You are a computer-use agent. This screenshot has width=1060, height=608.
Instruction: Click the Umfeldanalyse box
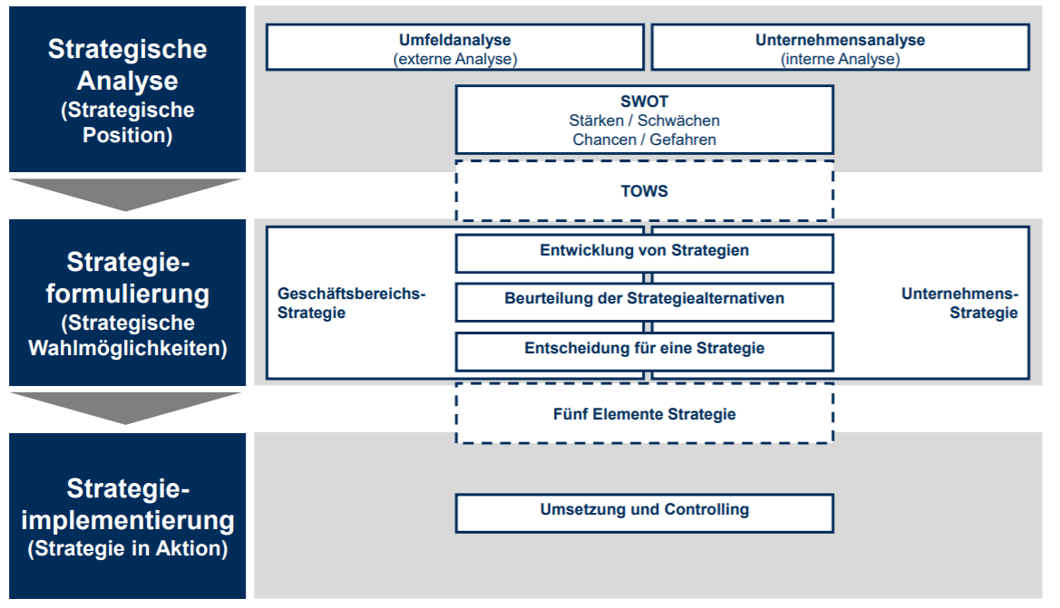pyautogui.click(x=454, y=47)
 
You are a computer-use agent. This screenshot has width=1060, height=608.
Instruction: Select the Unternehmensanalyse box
pyautogui.click(x=840, y=47)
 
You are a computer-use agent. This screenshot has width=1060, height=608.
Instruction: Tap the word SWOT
pyautogui.click(x=645, y=101)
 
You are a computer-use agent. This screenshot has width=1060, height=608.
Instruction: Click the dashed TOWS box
pyautogui.click(x=645, y=191)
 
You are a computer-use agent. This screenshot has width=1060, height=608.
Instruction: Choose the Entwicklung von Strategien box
pyautogui.click(x=645, y=251)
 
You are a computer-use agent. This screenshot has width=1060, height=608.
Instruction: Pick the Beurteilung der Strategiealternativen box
pyautogui.click(x=645, y=298)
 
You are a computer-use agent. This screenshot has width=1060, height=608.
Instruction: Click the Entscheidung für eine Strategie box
pyautogui.click(x=645, y=349)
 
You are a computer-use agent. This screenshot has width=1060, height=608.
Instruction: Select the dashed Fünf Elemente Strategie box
pyautogui.click(x=645, y=414)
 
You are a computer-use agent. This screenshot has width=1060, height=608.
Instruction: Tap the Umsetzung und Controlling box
pyautogui.click(x=645, y=509)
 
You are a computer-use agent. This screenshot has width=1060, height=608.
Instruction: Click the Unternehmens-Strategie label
pyautogui.click(x=960, y=303)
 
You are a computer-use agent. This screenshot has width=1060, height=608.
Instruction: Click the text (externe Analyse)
pyautogui.click(x=454, y=60)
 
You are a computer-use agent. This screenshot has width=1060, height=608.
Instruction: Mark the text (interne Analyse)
pyautogui.click(x=840, y=60)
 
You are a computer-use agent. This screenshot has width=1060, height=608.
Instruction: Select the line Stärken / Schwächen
pyautogui.click(x=645, y=121)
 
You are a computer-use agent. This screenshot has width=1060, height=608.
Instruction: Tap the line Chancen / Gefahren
pyautogui.click(x=645, y=140)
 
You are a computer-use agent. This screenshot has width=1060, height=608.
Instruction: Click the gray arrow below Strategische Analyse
pyautogui.click(x=126, y=193)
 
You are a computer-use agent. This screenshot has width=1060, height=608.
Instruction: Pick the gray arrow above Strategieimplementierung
pyautogui.click(x=126, y=407)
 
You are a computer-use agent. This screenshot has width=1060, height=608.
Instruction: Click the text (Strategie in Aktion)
pyautogui.click(x=127, y=549)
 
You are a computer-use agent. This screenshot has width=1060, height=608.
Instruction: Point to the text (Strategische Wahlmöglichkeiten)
pyautogui.click(x=127, y=335)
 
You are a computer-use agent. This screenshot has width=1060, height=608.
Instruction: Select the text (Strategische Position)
pyautogui.click(x=127, y=123)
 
